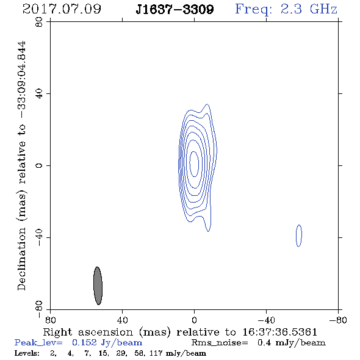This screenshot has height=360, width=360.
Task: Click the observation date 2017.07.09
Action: pos(62,9)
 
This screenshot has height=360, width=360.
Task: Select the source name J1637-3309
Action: pos(175,9)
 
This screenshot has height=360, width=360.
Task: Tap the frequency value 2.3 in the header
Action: pos(291,9)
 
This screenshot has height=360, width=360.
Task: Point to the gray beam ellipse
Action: pos(98,286)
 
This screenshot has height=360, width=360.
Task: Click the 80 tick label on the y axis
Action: pos(39,22)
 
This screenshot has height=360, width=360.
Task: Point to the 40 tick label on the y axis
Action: pos(39,94)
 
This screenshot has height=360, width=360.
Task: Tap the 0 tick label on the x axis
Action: pos(194,320)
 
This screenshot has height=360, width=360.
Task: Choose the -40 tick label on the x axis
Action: pos(266,320)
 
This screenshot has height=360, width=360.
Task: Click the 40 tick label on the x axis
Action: pos(122,320)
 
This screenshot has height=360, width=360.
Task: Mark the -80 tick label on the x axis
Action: pos(338,320)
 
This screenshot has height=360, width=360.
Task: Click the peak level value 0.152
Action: pos(84,343)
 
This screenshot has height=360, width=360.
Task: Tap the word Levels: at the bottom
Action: pos(27,353)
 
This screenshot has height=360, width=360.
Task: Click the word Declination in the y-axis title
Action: pos(21,259)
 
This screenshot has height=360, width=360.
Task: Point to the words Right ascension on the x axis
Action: pos(88,332)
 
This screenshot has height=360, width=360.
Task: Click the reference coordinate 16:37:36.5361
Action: pos(280,332)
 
